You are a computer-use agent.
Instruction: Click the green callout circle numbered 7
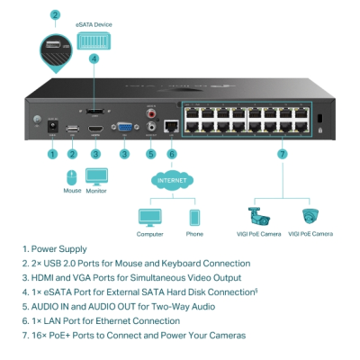point(282,154)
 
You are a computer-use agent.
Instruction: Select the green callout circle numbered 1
point(52,154)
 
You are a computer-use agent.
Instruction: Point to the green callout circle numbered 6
point(172,154)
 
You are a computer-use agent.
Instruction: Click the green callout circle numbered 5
point(150,154)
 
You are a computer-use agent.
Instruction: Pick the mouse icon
point(72,176)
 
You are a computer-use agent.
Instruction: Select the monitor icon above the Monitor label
point(95,175)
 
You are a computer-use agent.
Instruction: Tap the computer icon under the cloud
point(149,218)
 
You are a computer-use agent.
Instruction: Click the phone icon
point(193,218)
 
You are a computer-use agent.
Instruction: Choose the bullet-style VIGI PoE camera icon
point(259,217)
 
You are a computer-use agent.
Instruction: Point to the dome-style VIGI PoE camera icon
point(310,217)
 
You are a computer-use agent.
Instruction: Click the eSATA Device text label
point(94,25)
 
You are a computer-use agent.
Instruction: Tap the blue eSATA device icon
point(94,41)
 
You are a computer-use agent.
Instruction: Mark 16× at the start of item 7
point(40,335)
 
